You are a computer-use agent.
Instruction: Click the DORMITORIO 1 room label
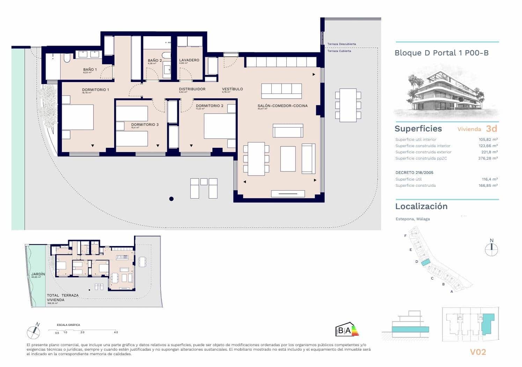tap(95, 90)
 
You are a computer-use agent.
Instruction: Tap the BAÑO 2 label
tap(155, 61)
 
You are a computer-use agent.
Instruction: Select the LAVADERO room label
tap(189, 60)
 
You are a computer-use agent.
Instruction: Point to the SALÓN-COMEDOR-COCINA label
tap(282, 106)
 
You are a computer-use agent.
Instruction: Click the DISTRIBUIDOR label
tap(192, 89)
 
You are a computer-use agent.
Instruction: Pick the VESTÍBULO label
tap(232, 89)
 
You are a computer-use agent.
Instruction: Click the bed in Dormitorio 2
tap(220, 126)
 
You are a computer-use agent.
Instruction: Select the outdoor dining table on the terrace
tap(348, 105)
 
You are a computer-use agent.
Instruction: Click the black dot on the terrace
tap(171, 199)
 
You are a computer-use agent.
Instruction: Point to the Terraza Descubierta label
tap(341, 44)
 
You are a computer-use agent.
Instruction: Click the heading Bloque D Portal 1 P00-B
tap(441, 53)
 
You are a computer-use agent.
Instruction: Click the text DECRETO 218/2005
tap(414, 173)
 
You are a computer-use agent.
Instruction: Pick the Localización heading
tap(421, 206)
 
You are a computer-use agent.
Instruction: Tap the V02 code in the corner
tap(478, 352)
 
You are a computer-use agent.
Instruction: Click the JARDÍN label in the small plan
tap(38, 274)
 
